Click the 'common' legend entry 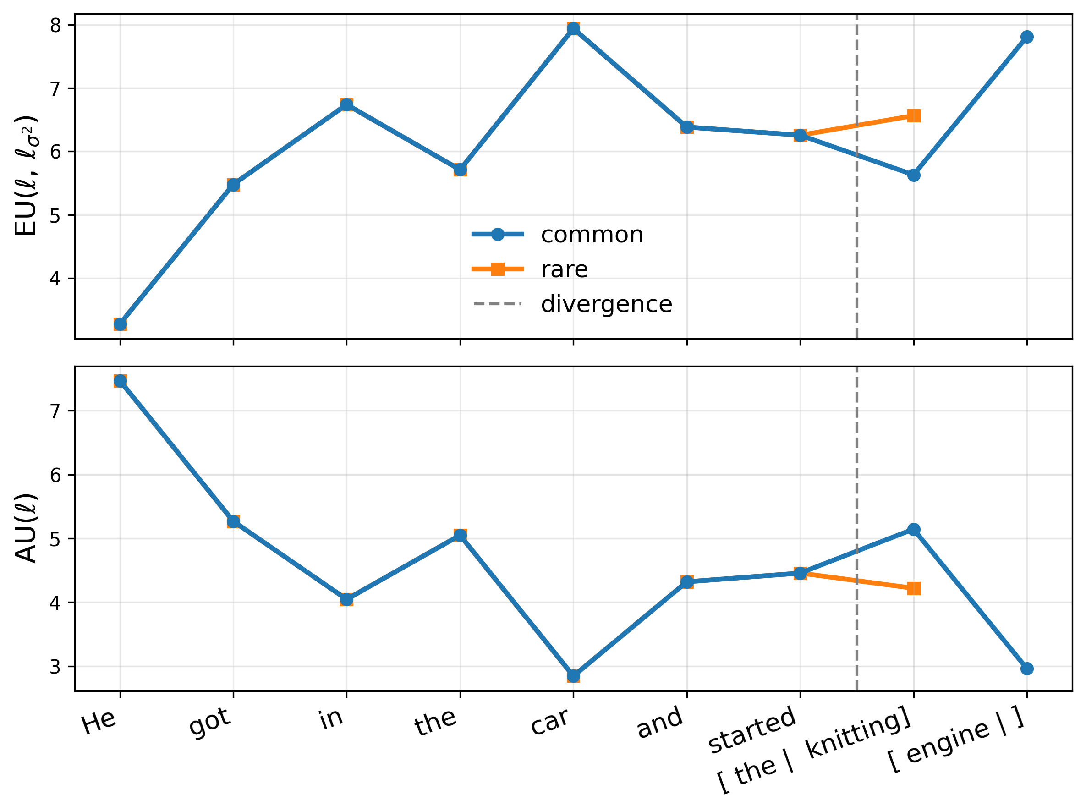[x=592, y=235]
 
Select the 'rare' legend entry [x=564, y=269]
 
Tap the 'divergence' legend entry [x=606, y=304]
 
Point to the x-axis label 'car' [x=549, y=722]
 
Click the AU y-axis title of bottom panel [x=26, y=528]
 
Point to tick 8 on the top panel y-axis [x=55, y=25]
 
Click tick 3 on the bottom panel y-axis [x=55, y=667]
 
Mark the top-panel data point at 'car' [x=573, y=29]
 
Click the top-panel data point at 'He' [x=120, y=324]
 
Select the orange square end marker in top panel [x=914, y=116]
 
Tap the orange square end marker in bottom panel [x=914, y=589]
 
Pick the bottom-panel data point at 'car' [x=573, y=676]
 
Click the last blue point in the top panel [x=1027, y=37]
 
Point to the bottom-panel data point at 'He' [x=120, y=381]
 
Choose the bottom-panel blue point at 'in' [x=346, y=599]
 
